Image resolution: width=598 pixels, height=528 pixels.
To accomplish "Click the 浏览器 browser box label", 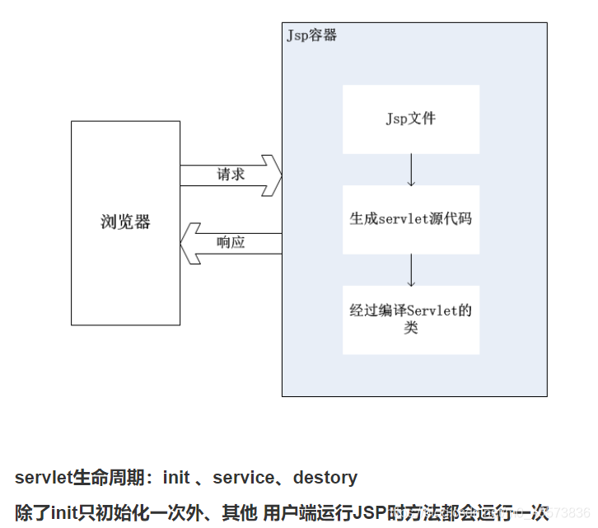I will (125, 222).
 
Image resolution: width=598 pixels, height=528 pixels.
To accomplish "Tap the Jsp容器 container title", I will (311, 35).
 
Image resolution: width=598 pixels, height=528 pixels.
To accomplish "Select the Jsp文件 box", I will (411, 119).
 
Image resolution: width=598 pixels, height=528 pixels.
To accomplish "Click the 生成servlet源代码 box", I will (411, 220).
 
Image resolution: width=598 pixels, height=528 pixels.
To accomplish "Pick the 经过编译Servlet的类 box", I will (411, 320).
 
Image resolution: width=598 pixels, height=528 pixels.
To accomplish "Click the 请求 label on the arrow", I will (231, 175).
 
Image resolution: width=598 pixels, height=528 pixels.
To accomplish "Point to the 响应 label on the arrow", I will (231, 243).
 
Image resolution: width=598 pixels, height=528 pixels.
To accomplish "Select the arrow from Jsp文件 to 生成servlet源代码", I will (411, 170).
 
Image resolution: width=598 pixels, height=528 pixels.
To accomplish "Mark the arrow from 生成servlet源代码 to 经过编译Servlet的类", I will (411, 269).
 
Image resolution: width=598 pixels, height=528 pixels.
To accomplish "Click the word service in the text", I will (244, 478).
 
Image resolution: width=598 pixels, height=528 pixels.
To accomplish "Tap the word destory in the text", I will (325, 478).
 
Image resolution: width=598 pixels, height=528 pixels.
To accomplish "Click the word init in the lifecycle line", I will (176, 478).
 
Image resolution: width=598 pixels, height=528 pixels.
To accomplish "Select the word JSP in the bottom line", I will (370, 512).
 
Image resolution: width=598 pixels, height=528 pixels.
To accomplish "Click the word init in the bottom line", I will (65, 512).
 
